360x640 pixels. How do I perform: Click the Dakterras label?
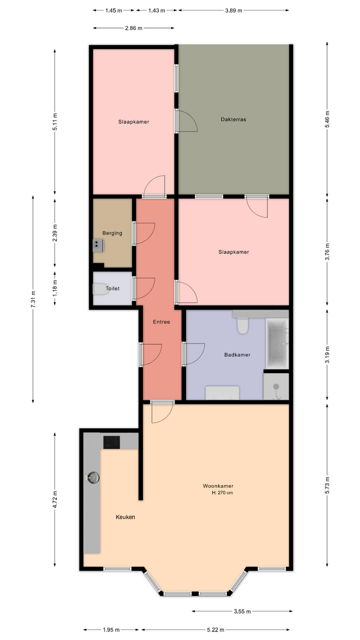233,119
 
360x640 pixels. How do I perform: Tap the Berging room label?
112,233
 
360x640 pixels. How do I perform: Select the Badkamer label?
237,354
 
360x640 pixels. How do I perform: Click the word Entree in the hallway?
161,322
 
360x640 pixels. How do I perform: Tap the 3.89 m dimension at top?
233,10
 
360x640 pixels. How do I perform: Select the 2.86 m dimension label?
133,28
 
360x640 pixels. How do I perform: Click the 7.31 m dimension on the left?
33,299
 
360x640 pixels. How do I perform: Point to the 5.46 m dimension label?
327,119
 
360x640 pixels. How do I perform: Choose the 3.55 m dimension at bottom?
242,611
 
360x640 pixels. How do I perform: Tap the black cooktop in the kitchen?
111,442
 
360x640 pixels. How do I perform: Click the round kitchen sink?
93,477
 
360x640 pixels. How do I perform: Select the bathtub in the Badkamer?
277,343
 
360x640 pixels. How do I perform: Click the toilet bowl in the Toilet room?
99,289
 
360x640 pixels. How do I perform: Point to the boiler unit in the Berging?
98,245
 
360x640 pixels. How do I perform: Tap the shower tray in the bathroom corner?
276,386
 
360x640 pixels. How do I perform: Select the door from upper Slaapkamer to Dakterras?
186,120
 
